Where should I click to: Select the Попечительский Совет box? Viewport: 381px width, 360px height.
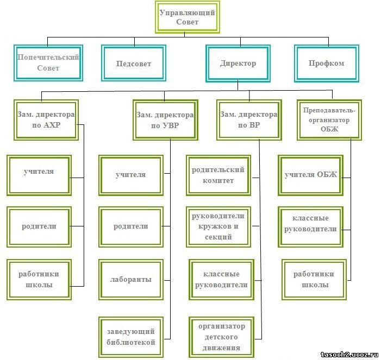click(x=48, y=62)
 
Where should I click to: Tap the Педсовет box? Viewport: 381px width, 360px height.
click(x=133, y=64)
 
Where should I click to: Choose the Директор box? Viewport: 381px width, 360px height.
click(x=238, y=64)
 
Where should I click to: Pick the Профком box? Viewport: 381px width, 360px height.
click(x=326, y=64)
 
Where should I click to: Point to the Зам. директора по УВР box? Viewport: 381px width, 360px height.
click(x=164, y=120)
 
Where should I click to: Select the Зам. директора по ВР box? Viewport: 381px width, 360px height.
click(x=248, y=120)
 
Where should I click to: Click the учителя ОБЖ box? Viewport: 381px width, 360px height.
click(x=311, y=175)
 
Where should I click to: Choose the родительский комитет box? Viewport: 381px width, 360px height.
click(x=218, y=175)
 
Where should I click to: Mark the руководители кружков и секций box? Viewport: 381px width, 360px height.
click(x=218, y=226)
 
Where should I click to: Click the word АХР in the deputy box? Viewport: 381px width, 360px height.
click(x=53, y=125)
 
